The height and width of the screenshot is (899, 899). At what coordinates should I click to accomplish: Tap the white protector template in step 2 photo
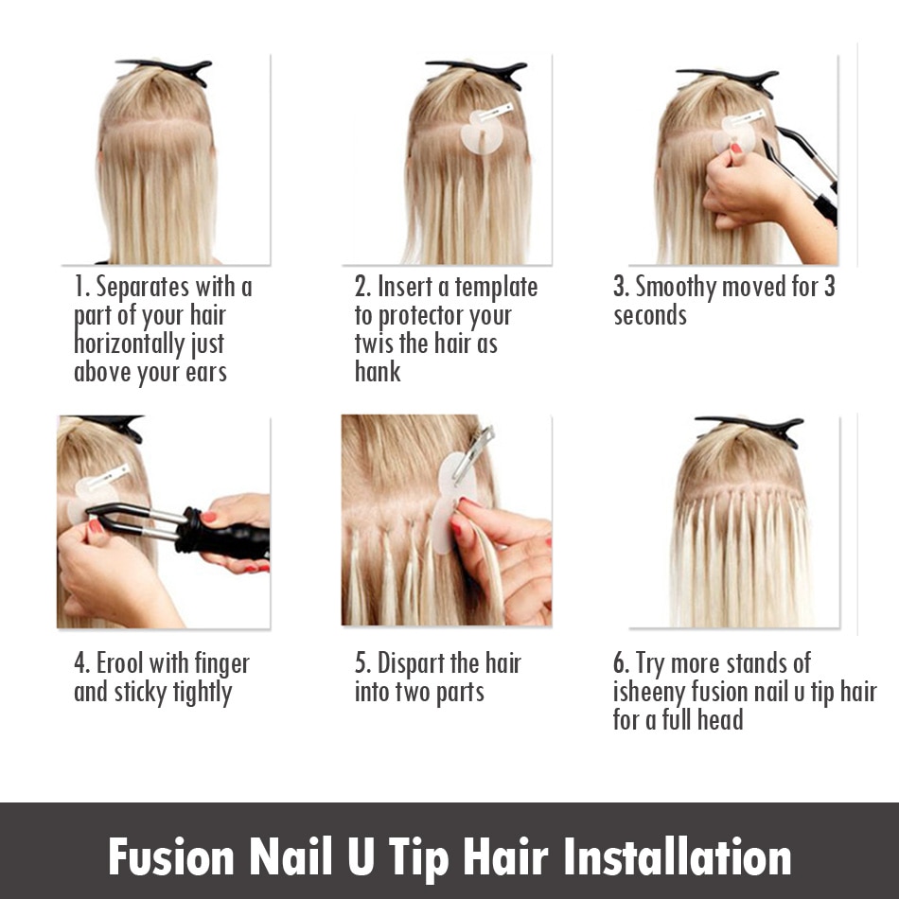tap(483, 133)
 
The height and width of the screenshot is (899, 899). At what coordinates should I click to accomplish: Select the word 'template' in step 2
tap(497, 288)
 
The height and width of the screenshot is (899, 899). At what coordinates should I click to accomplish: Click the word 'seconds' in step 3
tap(650, 315)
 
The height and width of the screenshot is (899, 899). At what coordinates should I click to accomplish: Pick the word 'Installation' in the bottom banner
tap(678, 857)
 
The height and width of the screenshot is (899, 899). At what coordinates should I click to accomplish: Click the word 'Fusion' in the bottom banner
tap(171, 857)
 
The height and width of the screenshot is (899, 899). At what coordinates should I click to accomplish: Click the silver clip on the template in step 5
tap(473, 453)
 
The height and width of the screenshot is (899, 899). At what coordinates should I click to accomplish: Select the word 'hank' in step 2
tap(378, 372)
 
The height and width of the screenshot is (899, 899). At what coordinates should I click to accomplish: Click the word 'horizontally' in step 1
tap(129, 344)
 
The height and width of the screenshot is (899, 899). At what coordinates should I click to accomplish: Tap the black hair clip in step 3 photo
tap(728, 80)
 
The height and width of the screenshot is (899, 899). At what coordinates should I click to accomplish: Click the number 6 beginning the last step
tap(619, 663)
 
